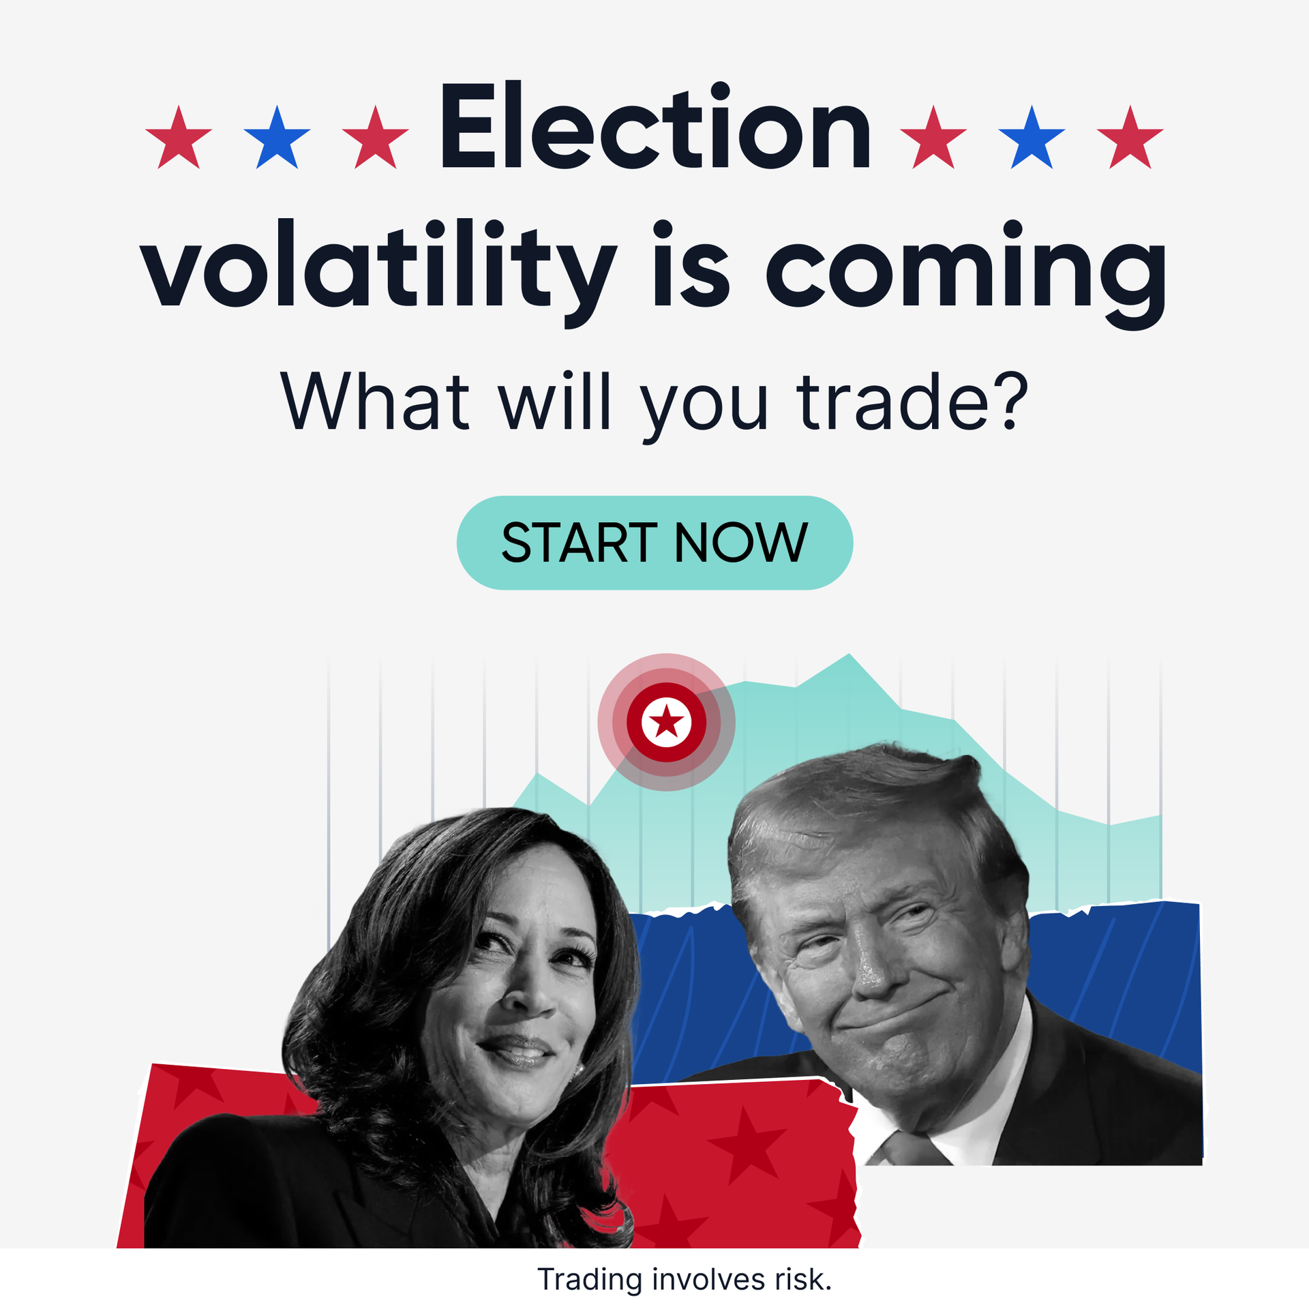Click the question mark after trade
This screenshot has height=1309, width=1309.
click(x=1010, y=401)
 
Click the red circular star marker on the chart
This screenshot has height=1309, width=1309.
click(x=666, y=722)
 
